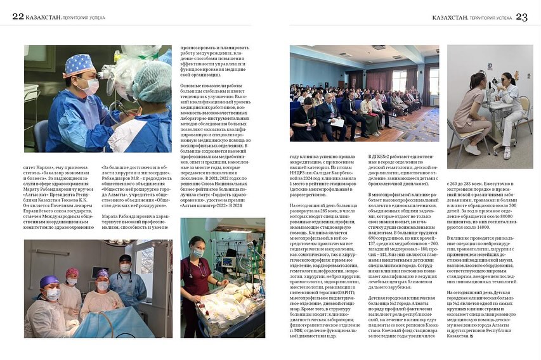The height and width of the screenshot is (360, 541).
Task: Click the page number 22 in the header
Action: [18, 16]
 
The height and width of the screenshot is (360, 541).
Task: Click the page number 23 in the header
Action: [521, 17]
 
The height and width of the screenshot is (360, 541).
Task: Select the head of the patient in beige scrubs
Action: [478, 80]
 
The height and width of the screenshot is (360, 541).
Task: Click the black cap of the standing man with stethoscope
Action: [125, 259]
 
